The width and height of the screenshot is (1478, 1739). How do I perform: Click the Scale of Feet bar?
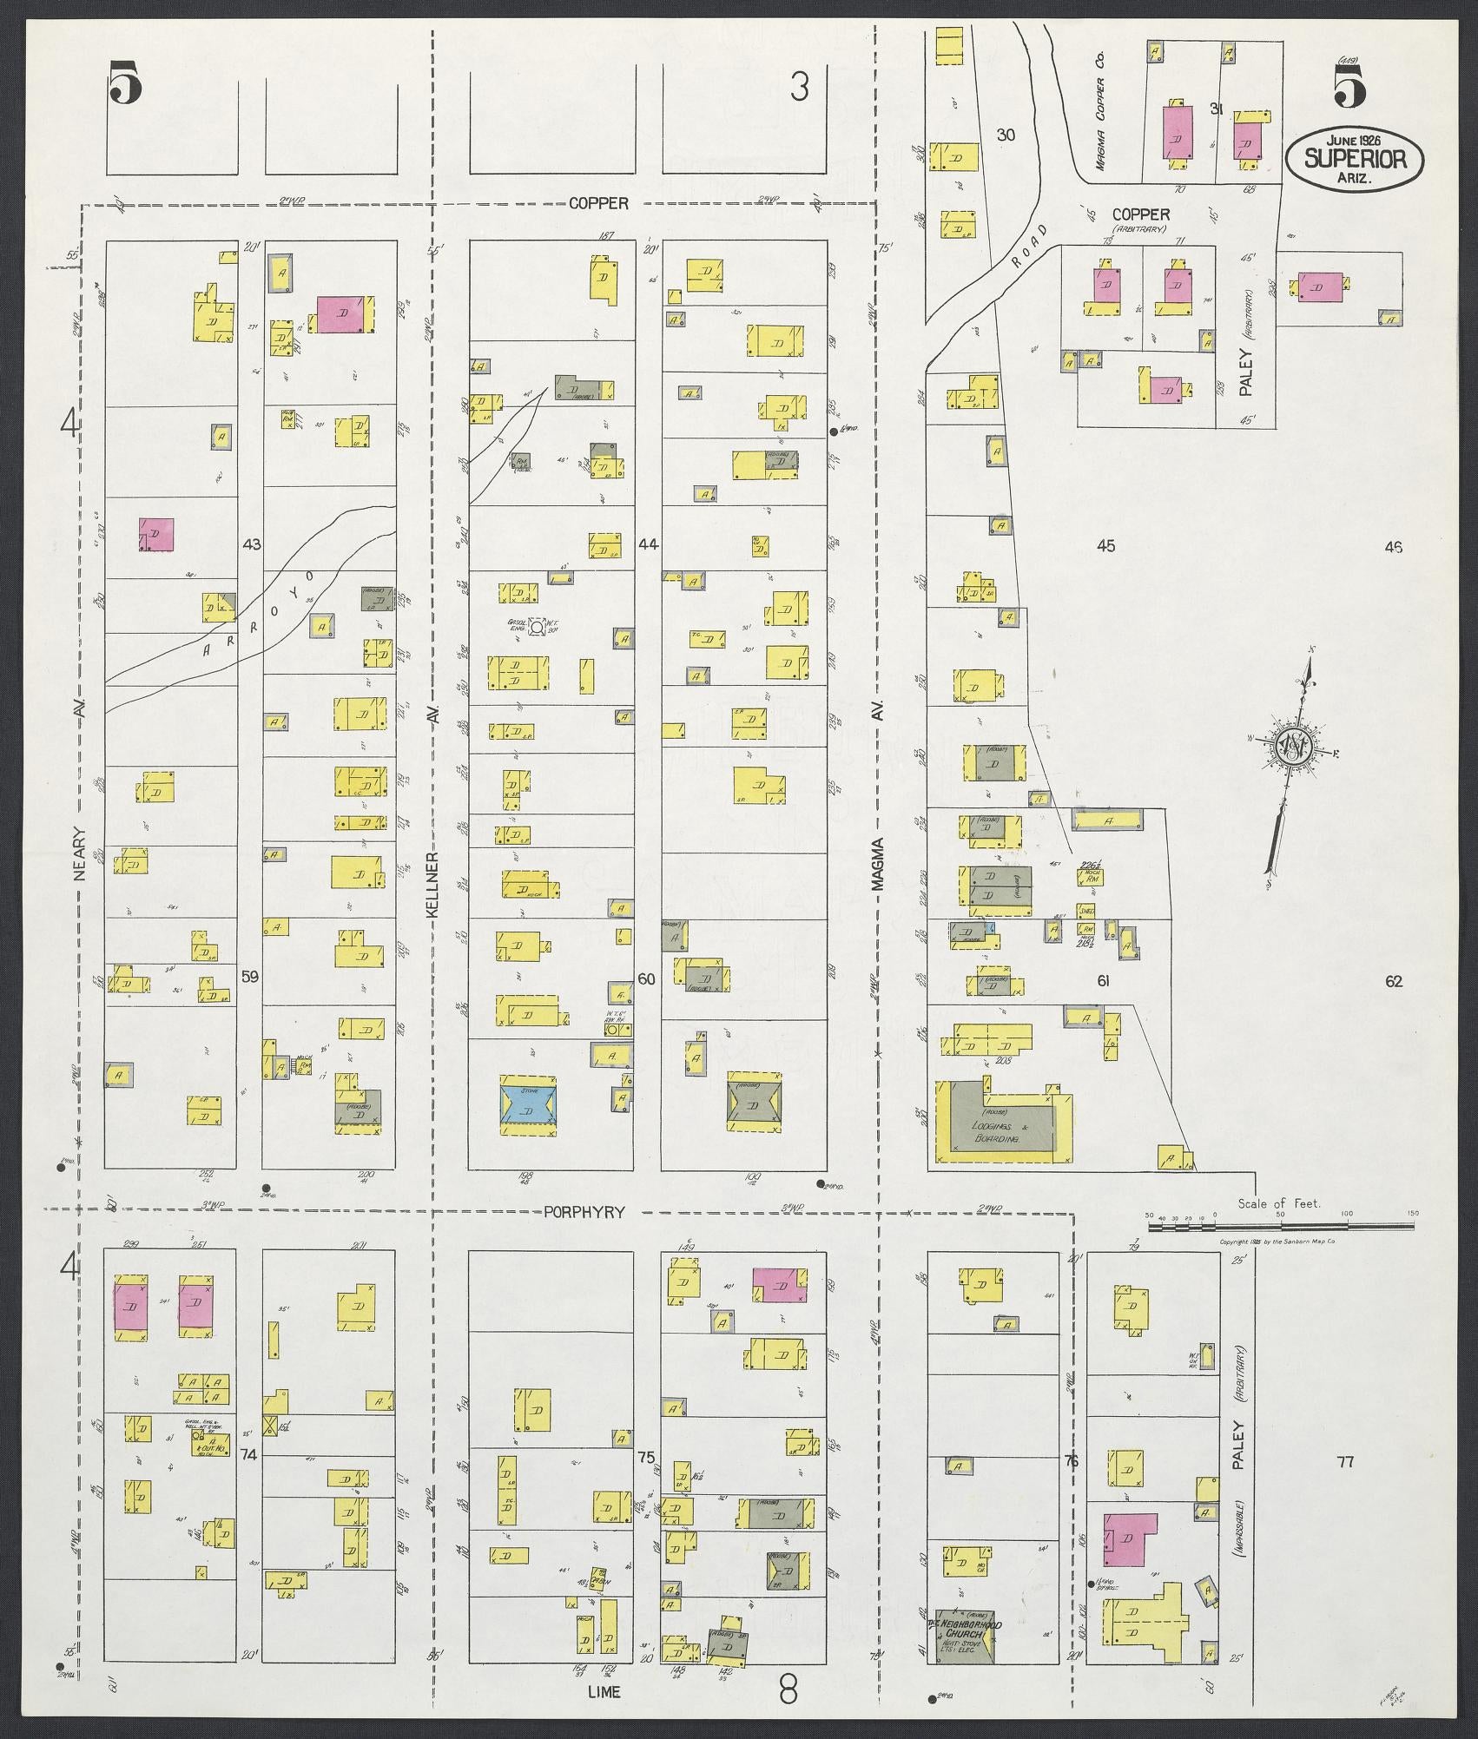[1280, 1226]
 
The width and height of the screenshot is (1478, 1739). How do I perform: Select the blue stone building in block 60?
[529, 1103]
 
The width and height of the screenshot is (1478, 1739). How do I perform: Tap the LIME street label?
[604, 1692]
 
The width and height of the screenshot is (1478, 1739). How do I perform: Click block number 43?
[252, 544]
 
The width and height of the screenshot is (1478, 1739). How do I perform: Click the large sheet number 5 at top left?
[126, 85]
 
